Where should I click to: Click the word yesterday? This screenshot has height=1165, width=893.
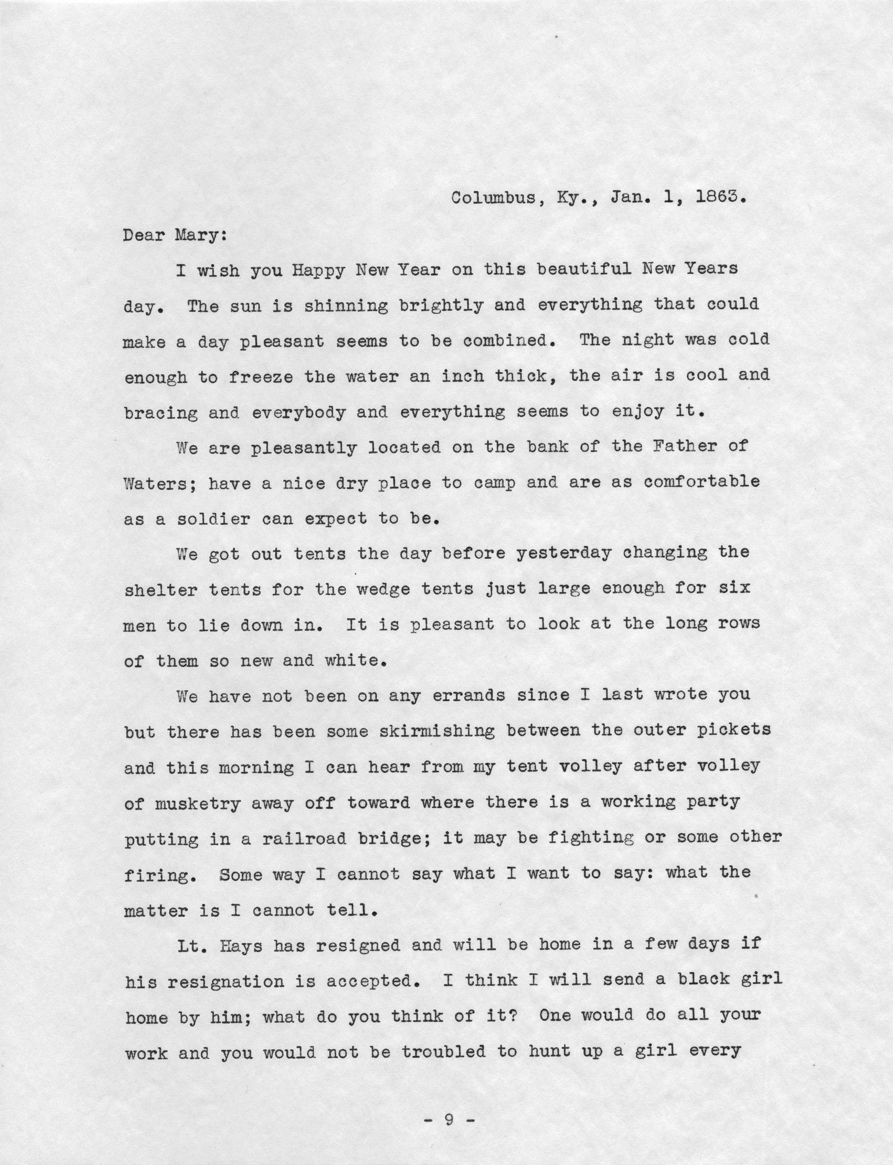(x=564, y=553)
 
